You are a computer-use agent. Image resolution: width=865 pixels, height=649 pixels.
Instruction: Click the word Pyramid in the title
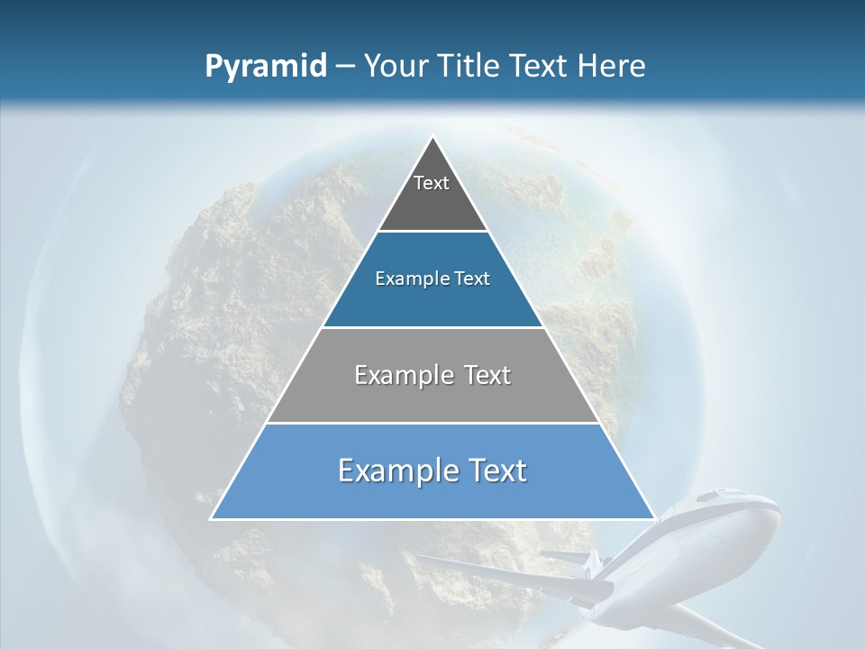tap(266, 67)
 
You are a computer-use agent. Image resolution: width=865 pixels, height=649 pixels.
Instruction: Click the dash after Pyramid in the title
tap(345, 67)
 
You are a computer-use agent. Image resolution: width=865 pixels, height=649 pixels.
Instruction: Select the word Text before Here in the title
tap(542, 67)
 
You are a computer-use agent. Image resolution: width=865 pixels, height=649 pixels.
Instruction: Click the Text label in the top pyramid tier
tap(432, 183)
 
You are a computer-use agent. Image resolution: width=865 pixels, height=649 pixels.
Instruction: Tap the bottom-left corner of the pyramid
tap(212, 518)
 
